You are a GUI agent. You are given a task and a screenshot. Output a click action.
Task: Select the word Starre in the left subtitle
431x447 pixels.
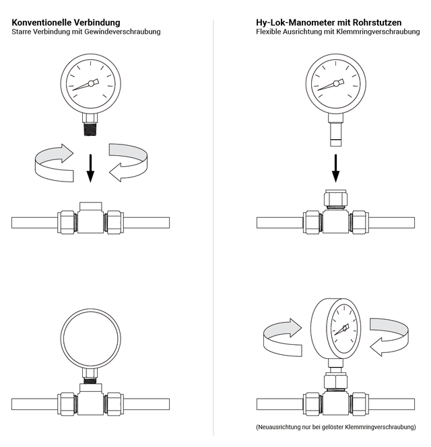click(23, 32)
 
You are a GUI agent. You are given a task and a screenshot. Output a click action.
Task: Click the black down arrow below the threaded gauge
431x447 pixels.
click(90, 169)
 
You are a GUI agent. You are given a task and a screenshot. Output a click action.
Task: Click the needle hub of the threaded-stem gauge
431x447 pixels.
click(92, 83)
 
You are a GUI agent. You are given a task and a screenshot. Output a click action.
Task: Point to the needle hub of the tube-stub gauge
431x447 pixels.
click(336, 83)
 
